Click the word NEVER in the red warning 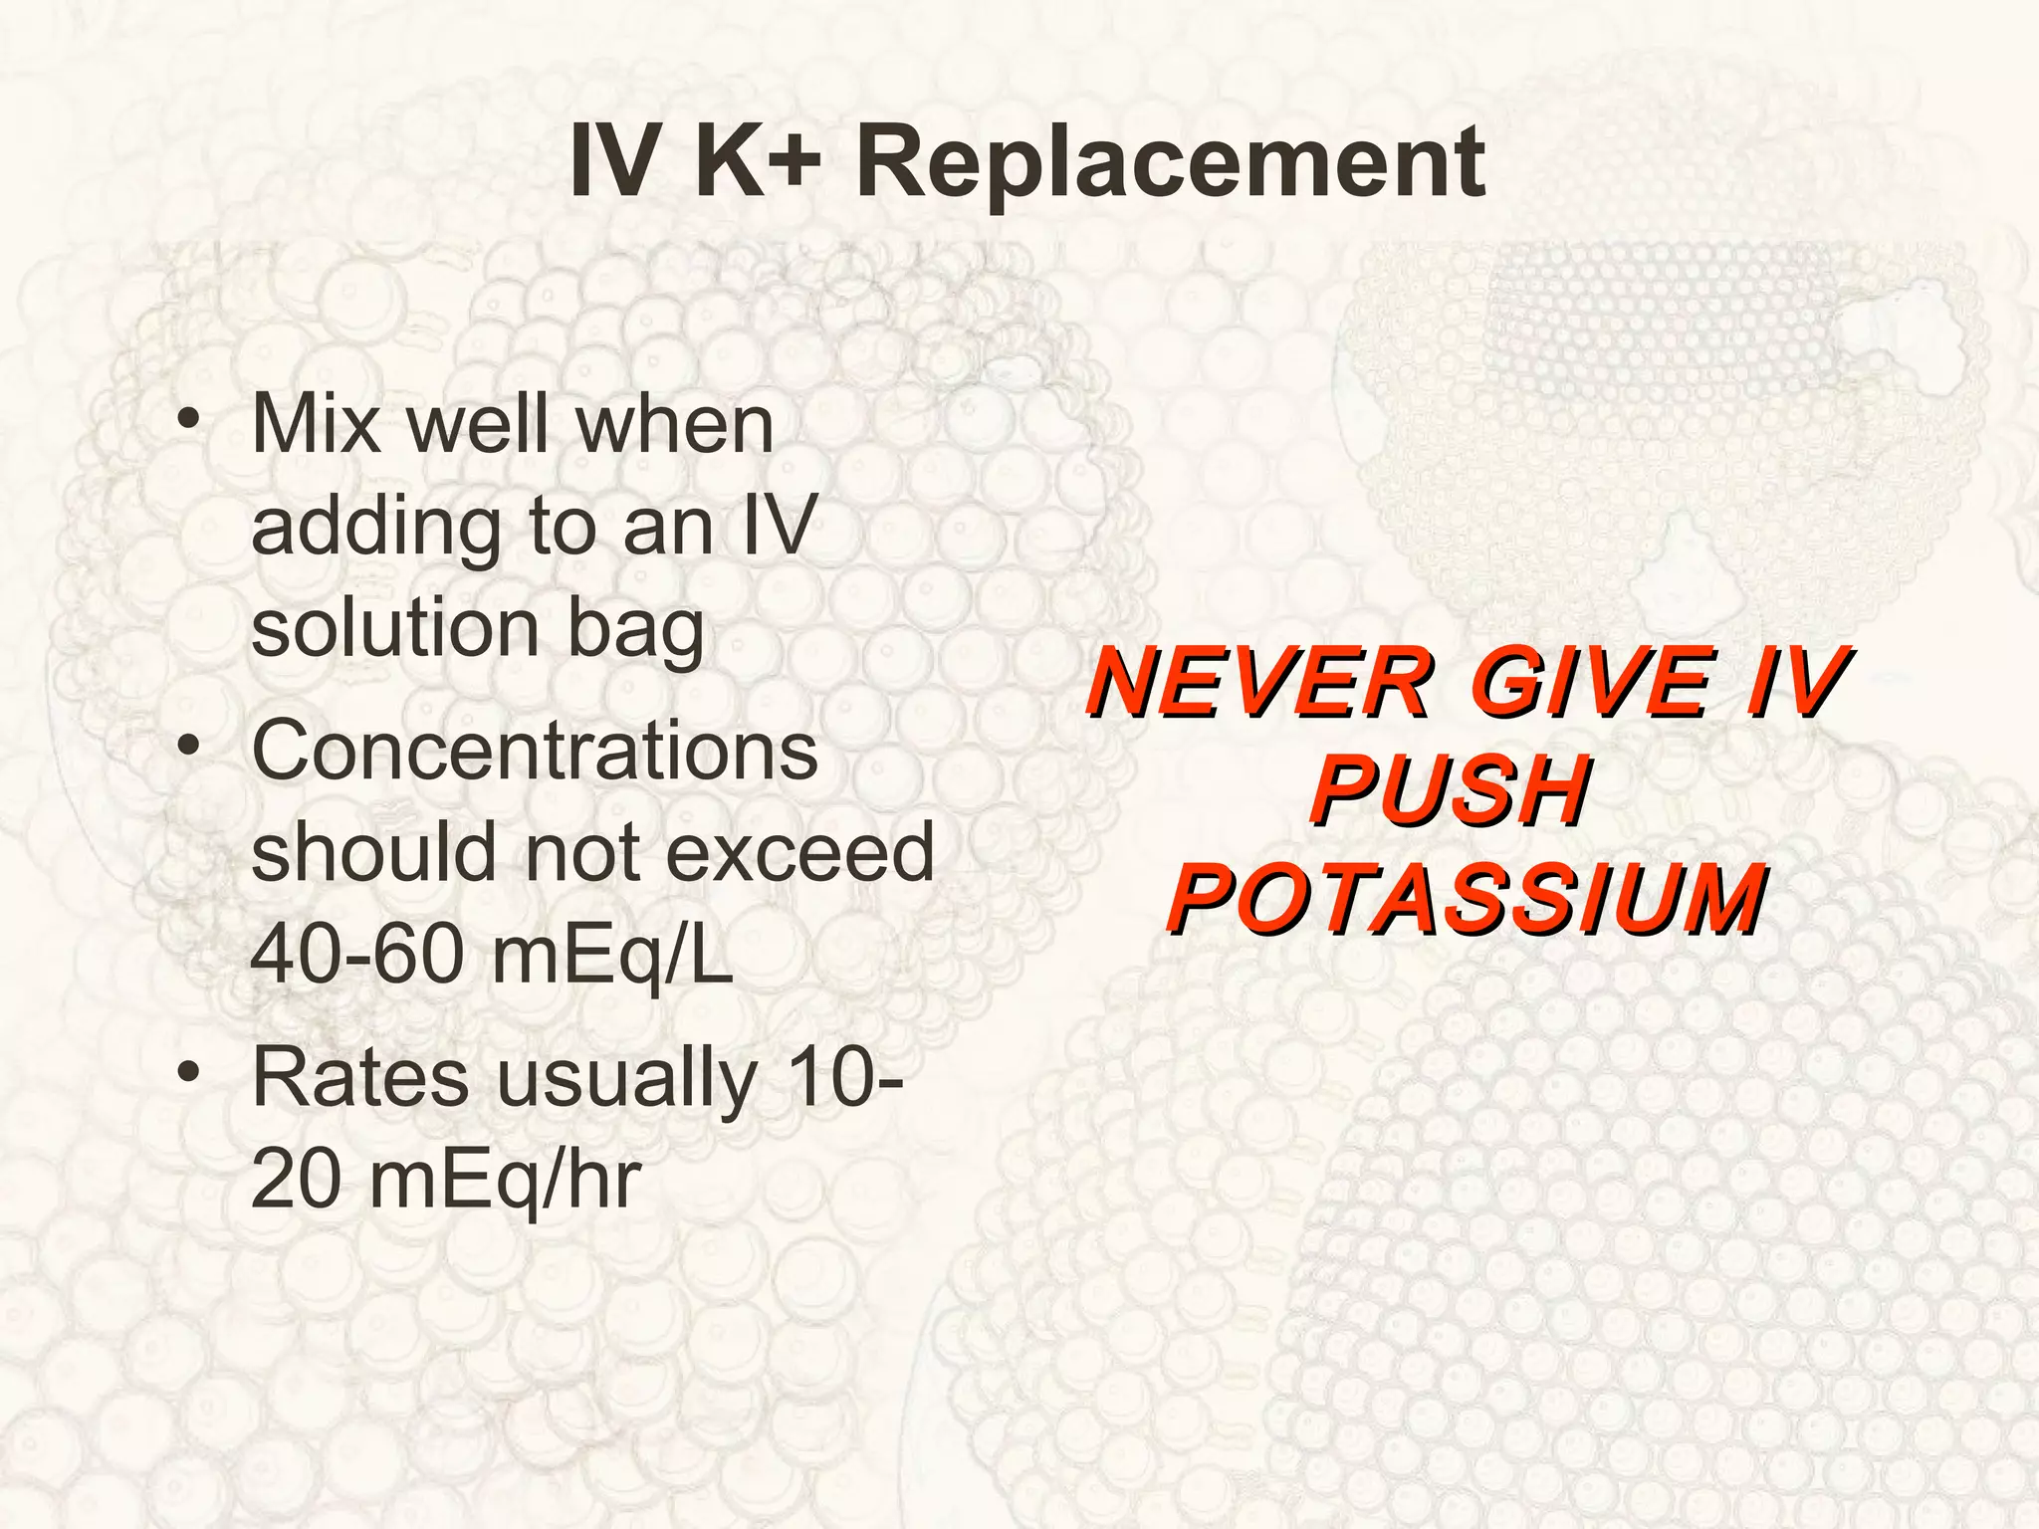[1258, 684]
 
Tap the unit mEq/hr [505, 1182]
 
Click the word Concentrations [535, 751]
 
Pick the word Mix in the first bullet [317, 425]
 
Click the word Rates [359, 1079]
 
